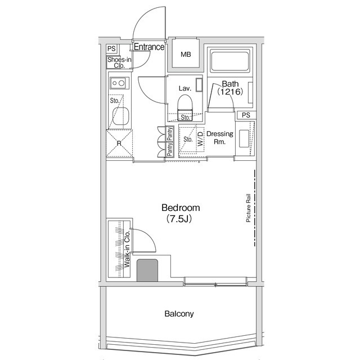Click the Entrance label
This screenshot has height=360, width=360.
(149, 47)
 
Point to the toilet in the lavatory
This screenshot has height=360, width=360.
(184, 103)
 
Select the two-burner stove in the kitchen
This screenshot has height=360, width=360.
(119, 83)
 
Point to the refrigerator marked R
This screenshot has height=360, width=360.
(119, 143)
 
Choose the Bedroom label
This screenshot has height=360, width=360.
(180, 208)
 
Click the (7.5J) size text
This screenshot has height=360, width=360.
(179, 219)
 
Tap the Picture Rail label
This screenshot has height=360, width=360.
(248, 209)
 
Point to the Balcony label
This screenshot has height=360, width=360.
(179, 314)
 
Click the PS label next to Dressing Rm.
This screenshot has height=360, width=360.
(245, 115)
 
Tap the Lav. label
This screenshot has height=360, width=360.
(185, 88)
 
